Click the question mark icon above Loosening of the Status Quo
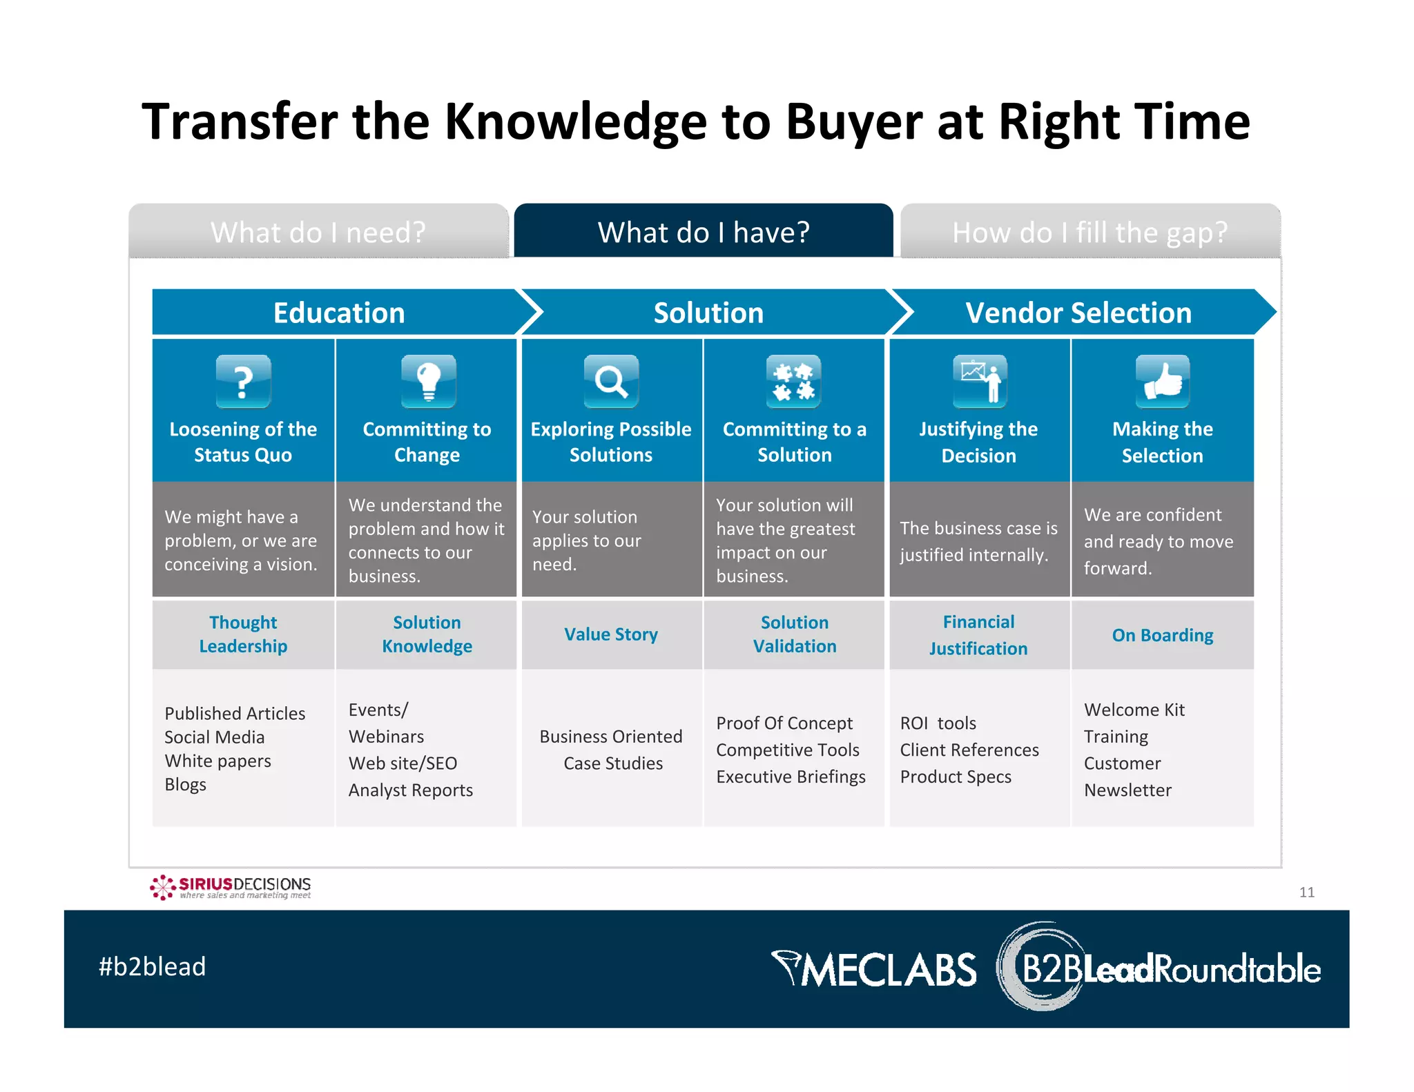coord(243,381)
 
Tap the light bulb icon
coord(428,381)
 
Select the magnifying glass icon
coord(611,381)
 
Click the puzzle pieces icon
coord(793,381)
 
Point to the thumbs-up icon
coord(1163,381)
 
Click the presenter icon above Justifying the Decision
coord(980,381)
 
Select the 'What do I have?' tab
coord(704,232)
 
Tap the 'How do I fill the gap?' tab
coord(1089,232)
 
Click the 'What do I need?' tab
coord(318,232)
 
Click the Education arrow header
coord(339,313)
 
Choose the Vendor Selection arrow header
coord(1078,313)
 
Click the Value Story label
coord(611,634)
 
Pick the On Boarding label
coord(1163,635)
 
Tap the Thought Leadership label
coord(243,634)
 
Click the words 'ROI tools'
coord(938,723)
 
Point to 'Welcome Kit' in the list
coord(1134,710)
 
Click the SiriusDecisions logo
coord(231,887)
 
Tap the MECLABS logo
coord(873,969)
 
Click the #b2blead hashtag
coord(153,966)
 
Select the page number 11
coord(1306,892)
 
